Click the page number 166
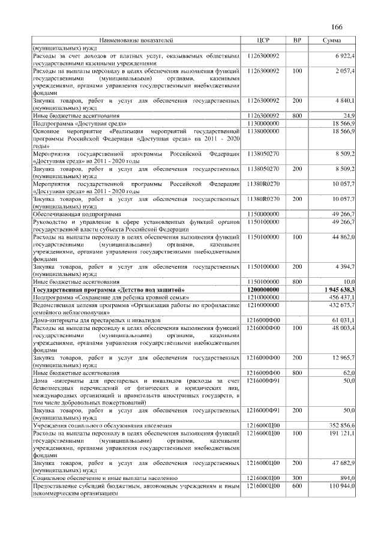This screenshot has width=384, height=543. click(x=336, y=27)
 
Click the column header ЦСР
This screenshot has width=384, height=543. click(x=264, y=40)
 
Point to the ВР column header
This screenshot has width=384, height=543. click(x=296, y=40)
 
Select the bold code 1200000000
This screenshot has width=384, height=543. click(x=264, y=290)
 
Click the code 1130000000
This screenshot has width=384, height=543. click(x=264, y=122)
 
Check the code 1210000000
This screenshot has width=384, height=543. click(x=264, y=297)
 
